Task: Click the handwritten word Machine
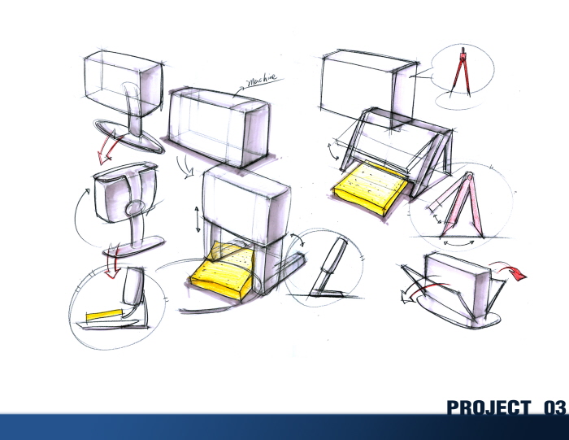(259, 80)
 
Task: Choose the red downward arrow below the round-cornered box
(115, 265)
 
